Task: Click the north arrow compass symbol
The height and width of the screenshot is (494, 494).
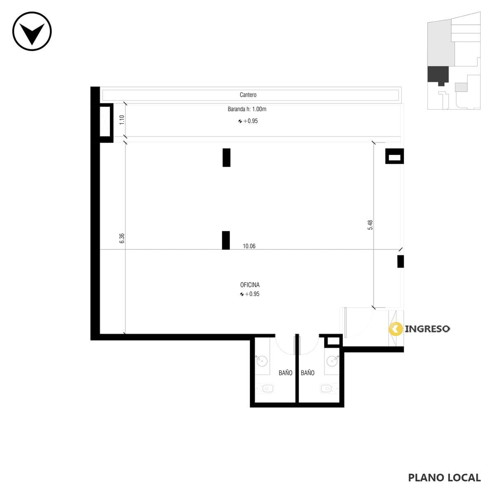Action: [x=32, y=31]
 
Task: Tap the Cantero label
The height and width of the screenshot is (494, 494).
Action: [x=248, y=95]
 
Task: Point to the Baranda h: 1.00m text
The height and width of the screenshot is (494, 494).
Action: [x=247, y=109]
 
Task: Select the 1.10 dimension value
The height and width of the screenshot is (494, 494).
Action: [x=122, y=120]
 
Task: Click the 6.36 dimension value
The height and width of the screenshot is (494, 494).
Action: [x=122, y=238]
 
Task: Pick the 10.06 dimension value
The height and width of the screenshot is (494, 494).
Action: [x=249, y=246]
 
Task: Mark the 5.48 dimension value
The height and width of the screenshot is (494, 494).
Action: [x=370, y=225]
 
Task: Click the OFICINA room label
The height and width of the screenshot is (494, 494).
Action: [x=250, y=285]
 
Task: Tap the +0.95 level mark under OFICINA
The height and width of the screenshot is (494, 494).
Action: [x=249, y=294]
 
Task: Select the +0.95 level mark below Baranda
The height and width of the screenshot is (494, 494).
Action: [x=248, y=121]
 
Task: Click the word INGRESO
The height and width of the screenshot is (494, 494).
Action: [x=427, y=329]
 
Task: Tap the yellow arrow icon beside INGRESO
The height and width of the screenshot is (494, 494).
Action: [x=396, y=329]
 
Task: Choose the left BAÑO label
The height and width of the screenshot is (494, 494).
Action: [x=285, y=373]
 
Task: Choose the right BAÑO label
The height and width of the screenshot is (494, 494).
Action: [x=308, y=373]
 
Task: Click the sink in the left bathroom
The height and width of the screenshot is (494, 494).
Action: [x=262, y=361]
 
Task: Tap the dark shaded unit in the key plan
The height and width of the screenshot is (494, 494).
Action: [x=438, y=75]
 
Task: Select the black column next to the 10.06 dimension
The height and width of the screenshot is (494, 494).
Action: [x=226, y=240]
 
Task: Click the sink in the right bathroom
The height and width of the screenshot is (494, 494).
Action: [x=333, y=361]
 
